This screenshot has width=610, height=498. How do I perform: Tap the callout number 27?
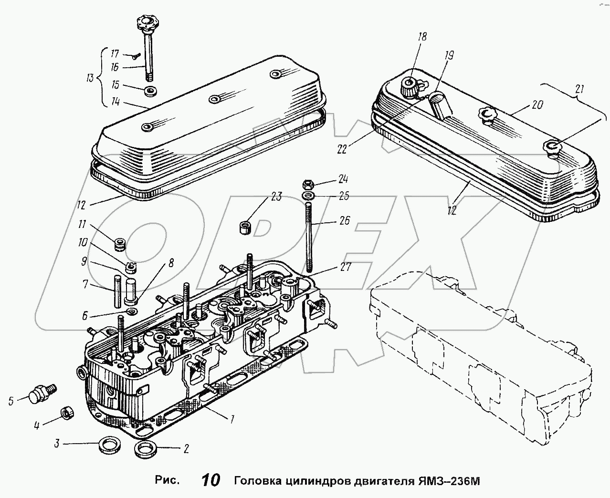point(346,267)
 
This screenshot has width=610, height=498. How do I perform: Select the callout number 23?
point(276,197)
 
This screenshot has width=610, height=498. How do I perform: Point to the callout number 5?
point(11,401)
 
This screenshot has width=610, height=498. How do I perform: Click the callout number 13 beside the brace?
point(90,78)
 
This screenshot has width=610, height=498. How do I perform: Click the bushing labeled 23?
point(245,226)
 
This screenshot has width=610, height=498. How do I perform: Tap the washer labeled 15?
point(151,91)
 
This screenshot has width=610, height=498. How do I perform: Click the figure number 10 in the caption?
point(210,480)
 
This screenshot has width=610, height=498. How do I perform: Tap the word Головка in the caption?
point(253,480)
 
